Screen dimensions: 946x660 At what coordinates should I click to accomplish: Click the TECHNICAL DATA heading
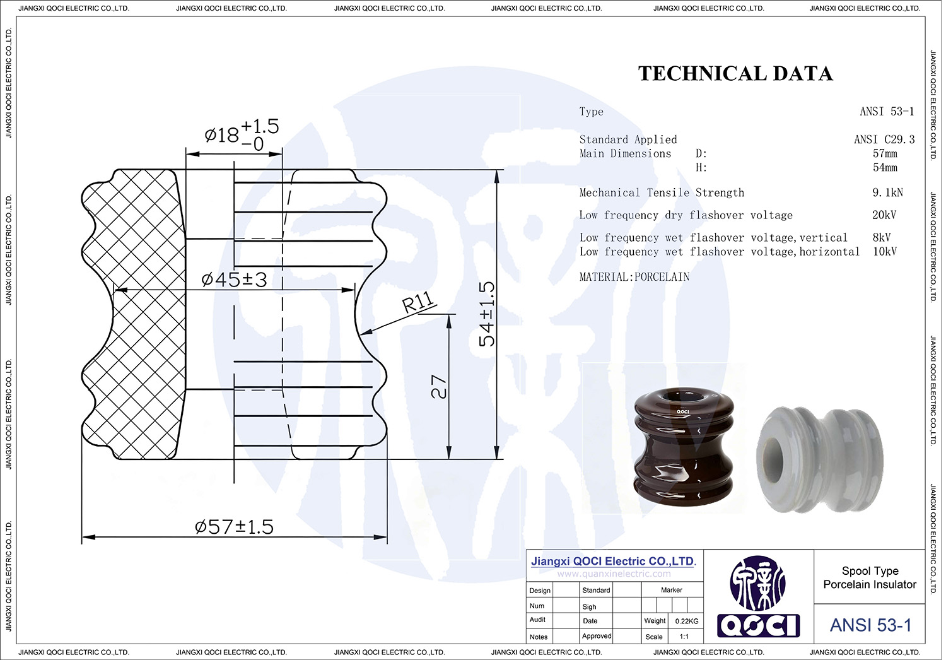click(x=735, y=74)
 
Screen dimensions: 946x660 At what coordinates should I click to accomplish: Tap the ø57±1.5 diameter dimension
click(x=234, y=527)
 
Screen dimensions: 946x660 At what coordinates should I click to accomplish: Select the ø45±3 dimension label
click(x=234, y=280)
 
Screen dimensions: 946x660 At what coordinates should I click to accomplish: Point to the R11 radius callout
click(x=418, y=302)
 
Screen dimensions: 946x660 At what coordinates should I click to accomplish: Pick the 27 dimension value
click(x=439, y=386)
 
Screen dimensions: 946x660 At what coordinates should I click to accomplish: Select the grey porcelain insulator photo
click(x=820, y=460)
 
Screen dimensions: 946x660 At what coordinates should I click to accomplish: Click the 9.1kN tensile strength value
click(x=888, y=192)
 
